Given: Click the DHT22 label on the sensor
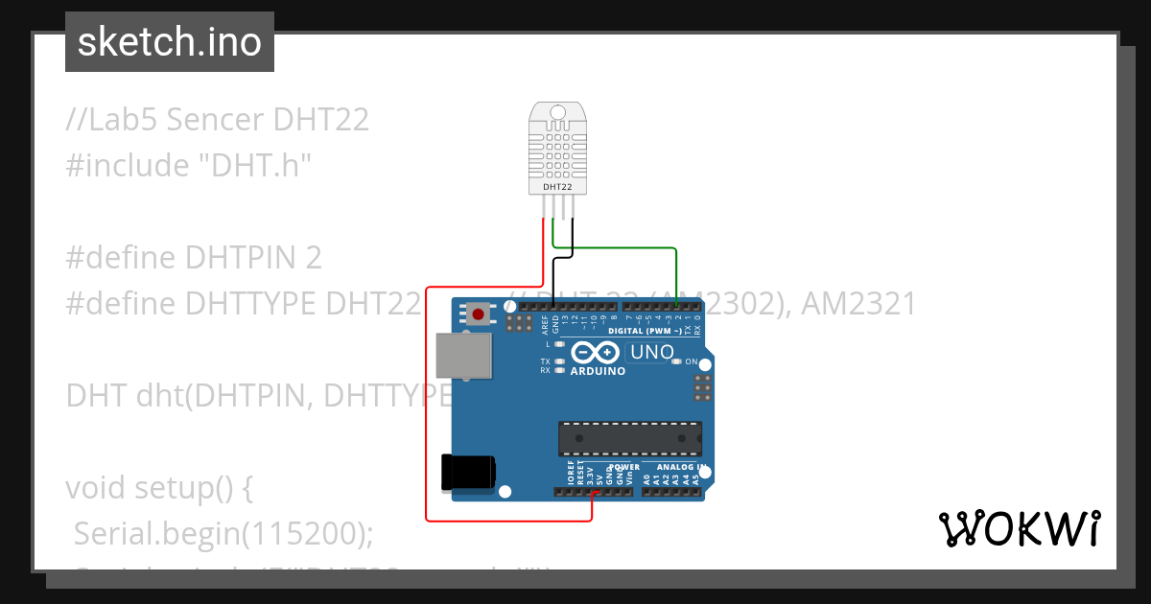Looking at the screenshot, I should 557,187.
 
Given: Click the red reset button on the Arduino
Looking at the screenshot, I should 478,313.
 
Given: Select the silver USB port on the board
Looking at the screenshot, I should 459,356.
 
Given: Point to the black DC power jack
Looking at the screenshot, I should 467,473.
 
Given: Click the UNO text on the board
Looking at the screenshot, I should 652,353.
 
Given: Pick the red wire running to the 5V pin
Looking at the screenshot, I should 427,403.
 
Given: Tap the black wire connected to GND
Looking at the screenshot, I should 573,240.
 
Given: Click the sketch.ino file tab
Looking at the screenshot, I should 170,42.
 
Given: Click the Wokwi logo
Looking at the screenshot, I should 1019,528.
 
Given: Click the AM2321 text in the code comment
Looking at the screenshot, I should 858,303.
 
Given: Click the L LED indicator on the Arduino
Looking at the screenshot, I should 559,343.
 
